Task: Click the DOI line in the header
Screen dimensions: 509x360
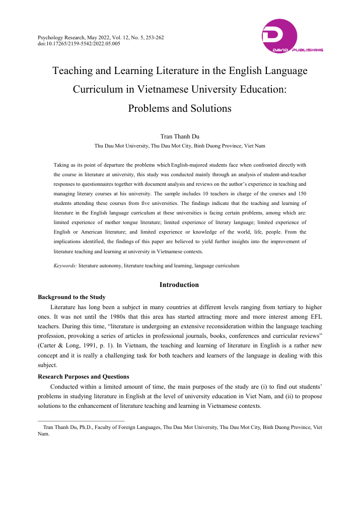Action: tap(79, 44)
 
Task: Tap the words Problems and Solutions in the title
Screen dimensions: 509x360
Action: tap(180, 108)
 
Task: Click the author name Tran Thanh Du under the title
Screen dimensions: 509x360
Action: tap(180, 136)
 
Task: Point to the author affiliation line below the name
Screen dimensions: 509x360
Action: tap(180, 146)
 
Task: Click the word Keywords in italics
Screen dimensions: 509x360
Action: tap(65, 265)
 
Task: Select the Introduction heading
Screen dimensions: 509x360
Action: tap(179, 285)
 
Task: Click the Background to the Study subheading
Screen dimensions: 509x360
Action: tap(71, 297)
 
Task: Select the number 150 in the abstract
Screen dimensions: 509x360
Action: tap(301, 194)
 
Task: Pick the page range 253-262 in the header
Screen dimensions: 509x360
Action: tap(153, 38)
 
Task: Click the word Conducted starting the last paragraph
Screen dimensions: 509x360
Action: tap(66, 387)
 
